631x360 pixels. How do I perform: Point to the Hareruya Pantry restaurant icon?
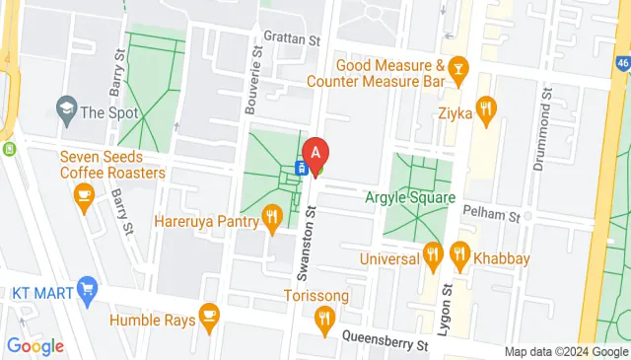click(273, 221)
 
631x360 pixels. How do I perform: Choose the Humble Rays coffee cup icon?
click(208, 316)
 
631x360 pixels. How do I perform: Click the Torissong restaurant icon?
click(324, 318)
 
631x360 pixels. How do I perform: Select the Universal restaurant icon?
click(432, 258)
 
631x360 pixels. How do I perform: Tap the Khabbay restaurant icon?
click(459, 258)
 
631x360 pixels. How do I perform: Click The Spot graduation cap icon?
click(67, 111)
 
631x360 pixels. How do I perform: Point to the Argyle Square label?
click(413, 196)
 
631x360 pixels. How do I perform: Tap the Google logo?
click(35, 345)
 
